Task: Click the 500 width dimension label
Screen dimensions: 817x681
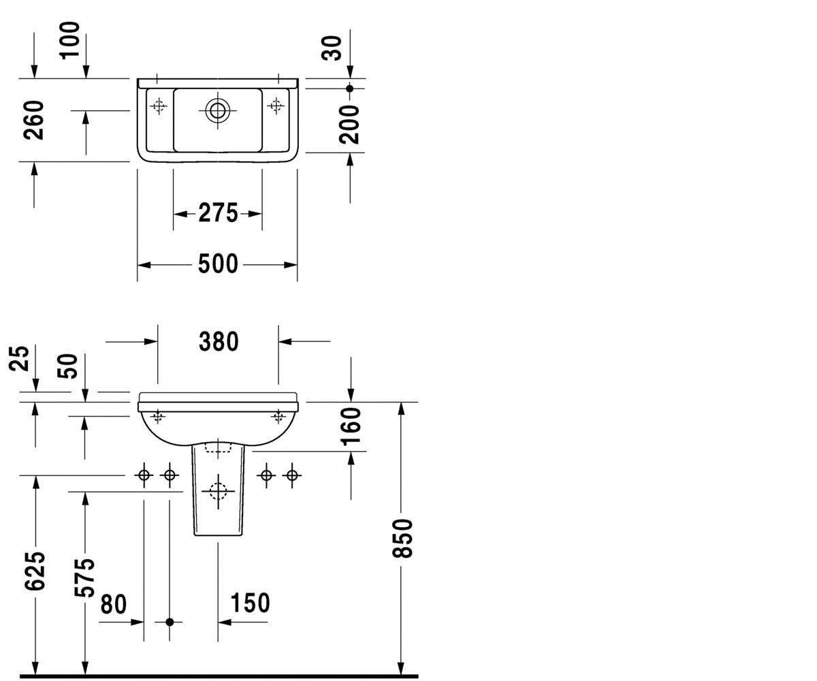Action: click(x=218, y=264)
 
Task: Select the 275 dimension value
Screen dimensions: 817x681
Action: click(x=218, y=213)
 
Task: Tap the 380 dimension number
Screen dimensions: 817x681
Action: click(x=219, y=341)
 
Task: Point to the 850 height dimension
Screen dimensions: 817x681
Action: click(x=402, y=538)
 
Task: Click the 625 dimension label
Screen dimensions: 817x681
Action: click(x=35, y=571)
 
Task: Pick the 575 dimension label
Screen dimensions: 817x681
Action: click(x=84, y=577)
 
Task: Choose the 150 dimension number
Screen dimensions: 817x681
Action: click(x=250, y=603)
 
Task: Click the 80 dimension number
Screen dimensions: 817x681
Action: click(x=114, y=604)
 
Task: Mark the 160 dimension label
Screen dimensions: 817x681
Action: click(x=351, y=426)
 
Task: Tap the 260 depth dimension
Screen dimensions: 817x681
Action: click(x=33, y=120)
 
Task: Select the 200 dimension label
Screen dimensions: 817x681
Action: click(x=349, y=124)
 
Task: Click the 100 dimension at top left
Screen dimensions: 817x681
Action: click(x=70, y=41)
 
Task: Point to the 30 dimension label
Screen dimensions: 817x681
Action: click(x=332, y=48)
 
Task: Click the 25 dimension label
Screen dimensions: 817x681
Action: click(x=19, y=358)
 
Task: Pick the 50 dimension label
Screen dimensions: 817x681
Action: click(x=67, y=366)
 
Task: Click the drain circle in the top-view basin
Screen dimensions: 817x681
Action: click(x=218, y=110)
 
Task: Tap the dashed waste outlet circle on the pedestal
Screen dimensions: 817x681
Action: click(x=218, y=491)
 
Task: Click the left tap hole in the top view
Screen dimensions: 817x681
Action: click(x=159, y=106)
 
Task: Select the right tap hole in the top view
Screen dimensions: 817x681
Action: click(x=276, y=106)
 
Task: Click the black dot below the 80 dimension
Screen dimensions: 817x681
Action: click(x=170, y=622)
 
